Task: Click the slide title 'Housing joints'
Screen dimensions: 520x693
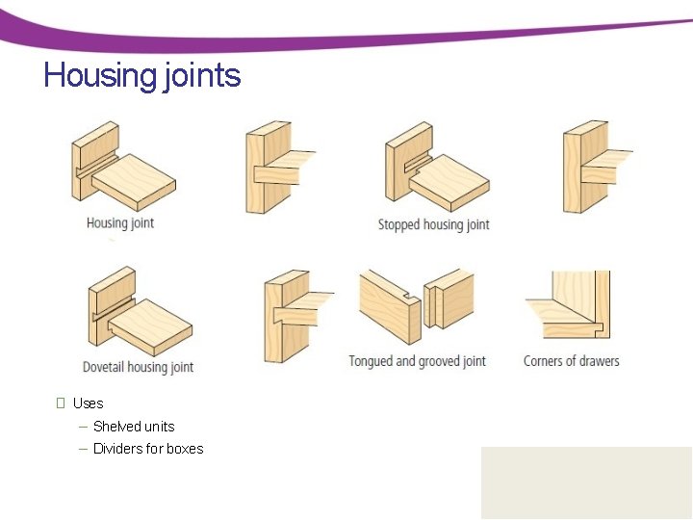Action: tap(141, 75)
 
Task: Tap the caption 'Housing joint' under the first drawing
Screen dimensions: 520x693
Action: tap(120, 223)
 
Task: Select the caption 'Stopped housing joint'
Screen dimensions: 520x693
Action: tap(433, 224)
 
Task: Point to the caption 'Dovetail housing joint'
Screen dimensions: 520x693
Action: tap(138, 367)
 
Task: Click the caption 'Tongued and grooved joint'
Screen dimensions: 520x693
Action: tap(417, 362)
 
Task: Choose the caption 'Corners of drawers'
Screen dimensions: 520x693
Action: tap(571, 361)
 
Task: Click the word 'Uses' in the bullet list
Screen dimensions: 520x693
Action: tap(88, 403)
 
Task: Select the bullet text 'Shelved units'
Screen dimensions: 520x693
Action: tap(134, 427)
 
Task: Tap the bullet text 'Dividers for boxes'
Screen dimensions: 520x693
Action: tap(148, 449)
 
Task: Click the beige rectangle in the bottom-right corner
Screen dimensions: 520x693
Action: tap(586, 482)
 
